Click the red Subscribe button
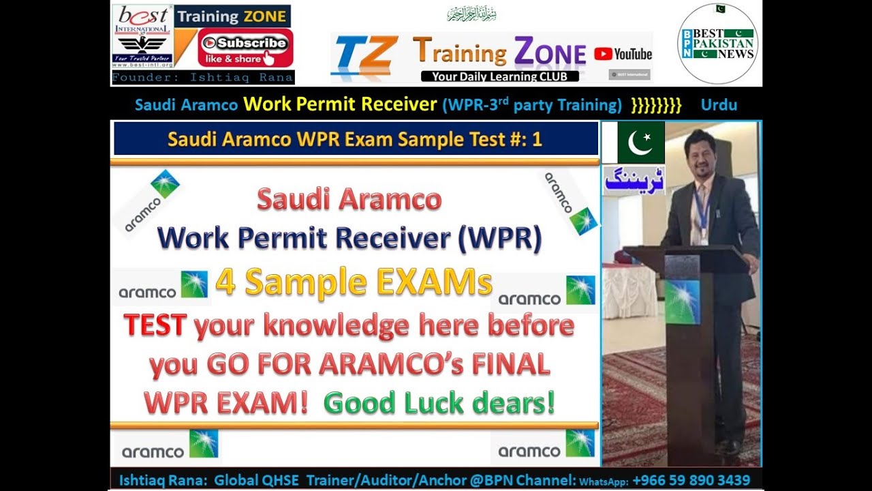click(x=245, y=48)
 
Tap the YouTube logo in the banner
click(x=623, y=54)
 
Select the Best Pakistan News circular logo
click(x=717, y=43)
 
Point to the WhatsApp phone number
click(x=691, y=480)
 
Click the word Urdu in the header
click(x=719, y=105)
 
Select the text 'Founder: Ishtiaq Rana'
click(x=203, y=78)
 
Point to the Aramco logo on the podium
click(x=683, y=301)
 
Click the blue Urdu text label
click(x=634, y=180)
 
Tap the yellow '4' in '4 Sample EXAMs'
click(x=225, y=282)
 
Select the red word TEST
click(x=155, y=326)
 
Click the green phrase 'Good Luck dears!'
click(x=439, y=403)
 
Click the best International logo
click(x=142, y=35)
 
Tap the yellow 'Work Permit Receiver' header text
click(x=339, y=104)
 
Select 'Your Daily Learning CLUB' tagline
click(x=499, y=76)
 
